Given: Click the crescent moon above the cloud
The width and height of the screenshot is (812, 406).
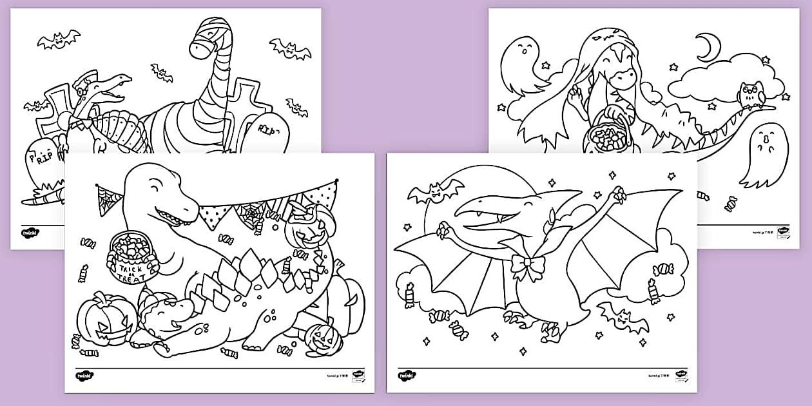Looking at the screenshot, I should [x=709, y=47].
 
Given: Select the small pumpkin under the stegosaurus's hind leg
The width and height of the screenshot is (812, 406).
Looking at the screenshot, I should [x=320, y=338].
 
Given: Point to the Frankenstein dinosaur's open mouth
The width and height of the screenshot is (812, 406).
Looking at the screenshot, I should [x=112, y=91].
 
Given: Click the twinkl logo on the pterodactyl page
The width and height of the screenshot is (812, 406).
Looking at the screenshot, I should [x=406, y=375].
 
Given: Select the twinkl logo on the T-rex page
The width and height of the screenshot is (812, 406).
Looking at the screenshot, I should [x=84, y=375].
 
